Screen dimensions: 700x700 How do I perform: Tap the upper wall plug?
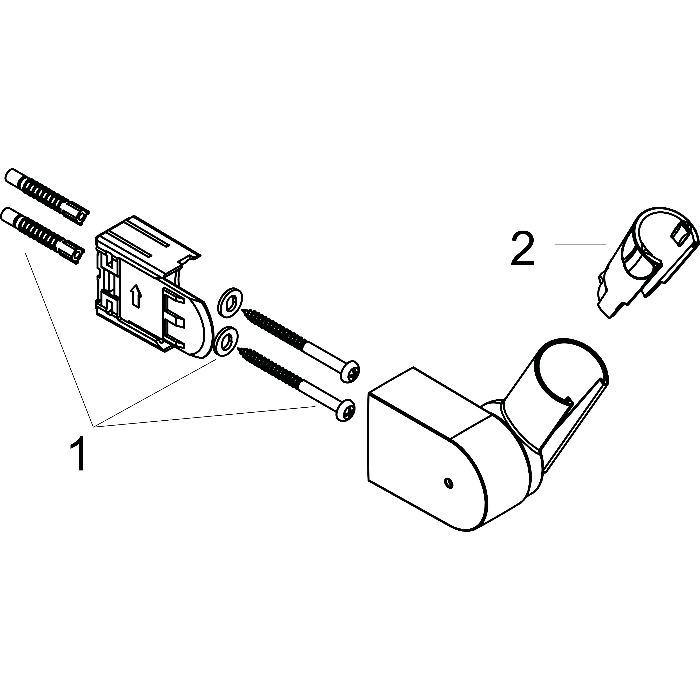click(x=46, y=197)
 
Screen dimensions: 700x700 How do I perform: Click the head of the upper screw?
click(x=350, y=371)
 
